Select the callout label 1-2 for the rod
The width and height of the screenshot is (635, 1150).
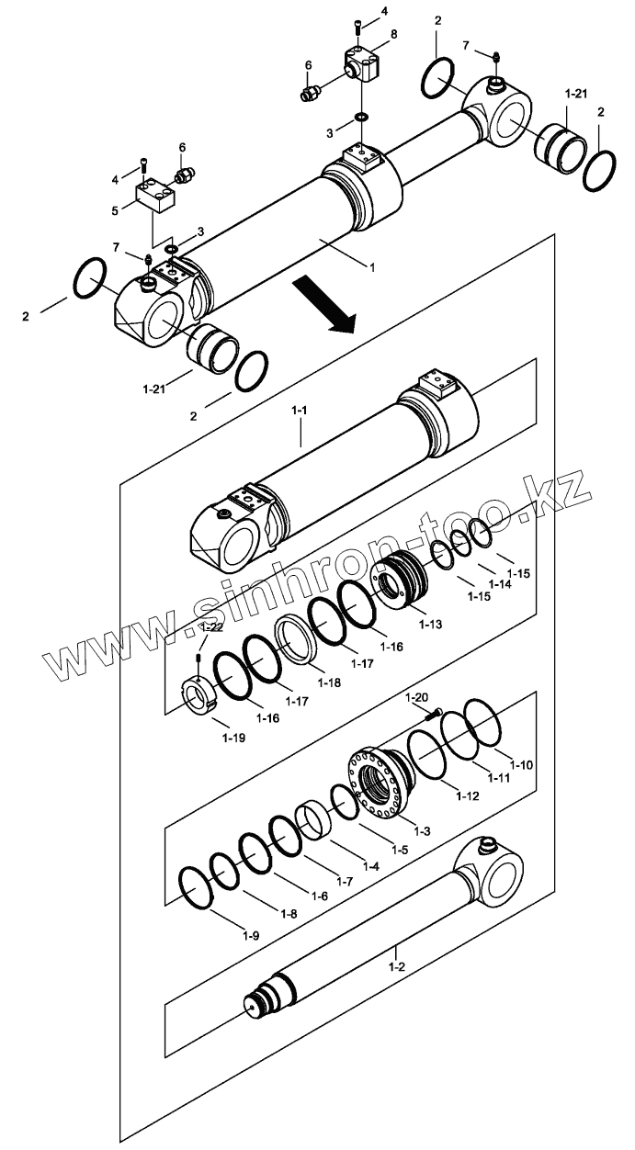(397, 966)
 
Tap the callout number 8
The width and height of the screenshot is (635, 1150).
(394, 34)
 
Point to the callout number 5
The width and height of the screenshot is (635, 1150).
(116, 210)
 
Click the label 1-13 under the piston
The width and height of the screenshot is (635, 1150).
(430, 625)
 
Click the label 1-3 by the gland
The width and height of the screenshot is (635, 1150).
(422, 830)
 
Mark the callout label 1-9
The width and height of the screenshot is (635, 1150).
(250, 935)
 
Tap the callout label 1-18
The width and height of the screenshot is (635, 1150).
(328, 682)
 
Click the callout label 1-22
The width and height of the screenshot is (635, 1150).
(212, 626)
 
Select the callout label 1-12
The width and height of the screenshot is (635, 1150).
(468, 795)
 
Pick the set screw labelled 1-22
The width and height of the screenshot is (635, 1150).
(199, 660)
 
